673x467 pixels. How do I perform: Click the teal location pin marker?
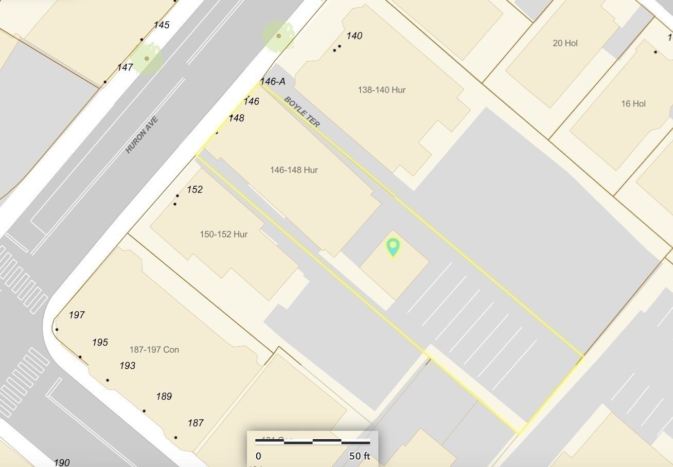pyautogui.click(x=393, y=246)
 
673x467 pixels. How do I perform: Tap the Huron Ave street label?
pyautogui.click(x=142, y=135)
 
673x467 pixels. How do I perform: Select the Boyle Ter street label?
pyautogui.click(x=302, y=112)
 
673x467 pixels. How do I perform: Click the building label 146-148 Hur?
pyautogui.click(x=294, y=170)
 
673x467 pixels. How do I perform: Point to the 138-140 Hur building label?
pyautogui.click(x=382, y=90)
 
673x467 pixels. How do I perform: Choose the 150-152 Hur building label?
pyautogui.click(x=224, y=235)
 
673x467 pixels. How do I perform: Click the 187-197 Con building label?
pyautogui.click(x=154, y=350)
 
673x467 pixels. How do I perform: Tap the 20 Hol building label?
pyautogui.click(x=565, y=43)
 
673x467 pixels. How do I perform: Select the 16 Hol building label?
pyautogui.click(x=633, y=104)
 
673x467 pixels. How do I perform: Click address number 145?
pyautogui.click(x=162, y=25)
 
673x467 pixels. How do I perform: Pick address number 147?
pyautogui.click(x=125, y=67)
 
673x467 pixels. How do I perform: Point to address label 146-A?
pyautogui.click(x=273, y=81)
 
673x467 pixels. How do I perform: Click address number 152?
pyautogui.click(x=194, y=190)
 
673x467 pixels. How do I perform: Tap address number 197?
pyautogui.click(x=77, y=315)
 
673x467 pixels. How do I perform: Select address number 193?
pyautogui.click(x=128, y=366)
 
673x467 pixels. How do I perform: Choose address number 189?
pyautogui.click(x=164, y=397)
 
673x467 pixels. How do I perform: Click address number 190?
pyautogui.click(x=62, y=462)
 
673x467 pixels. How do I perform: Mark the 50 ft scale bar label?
pyautogui.click(x=360, y=456)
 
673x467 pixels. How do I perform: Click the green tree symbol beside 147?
pyautogui.click(x=147, y=59)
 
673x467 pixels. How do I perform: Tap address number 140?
pyautogui.click(x=354, y=36)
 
